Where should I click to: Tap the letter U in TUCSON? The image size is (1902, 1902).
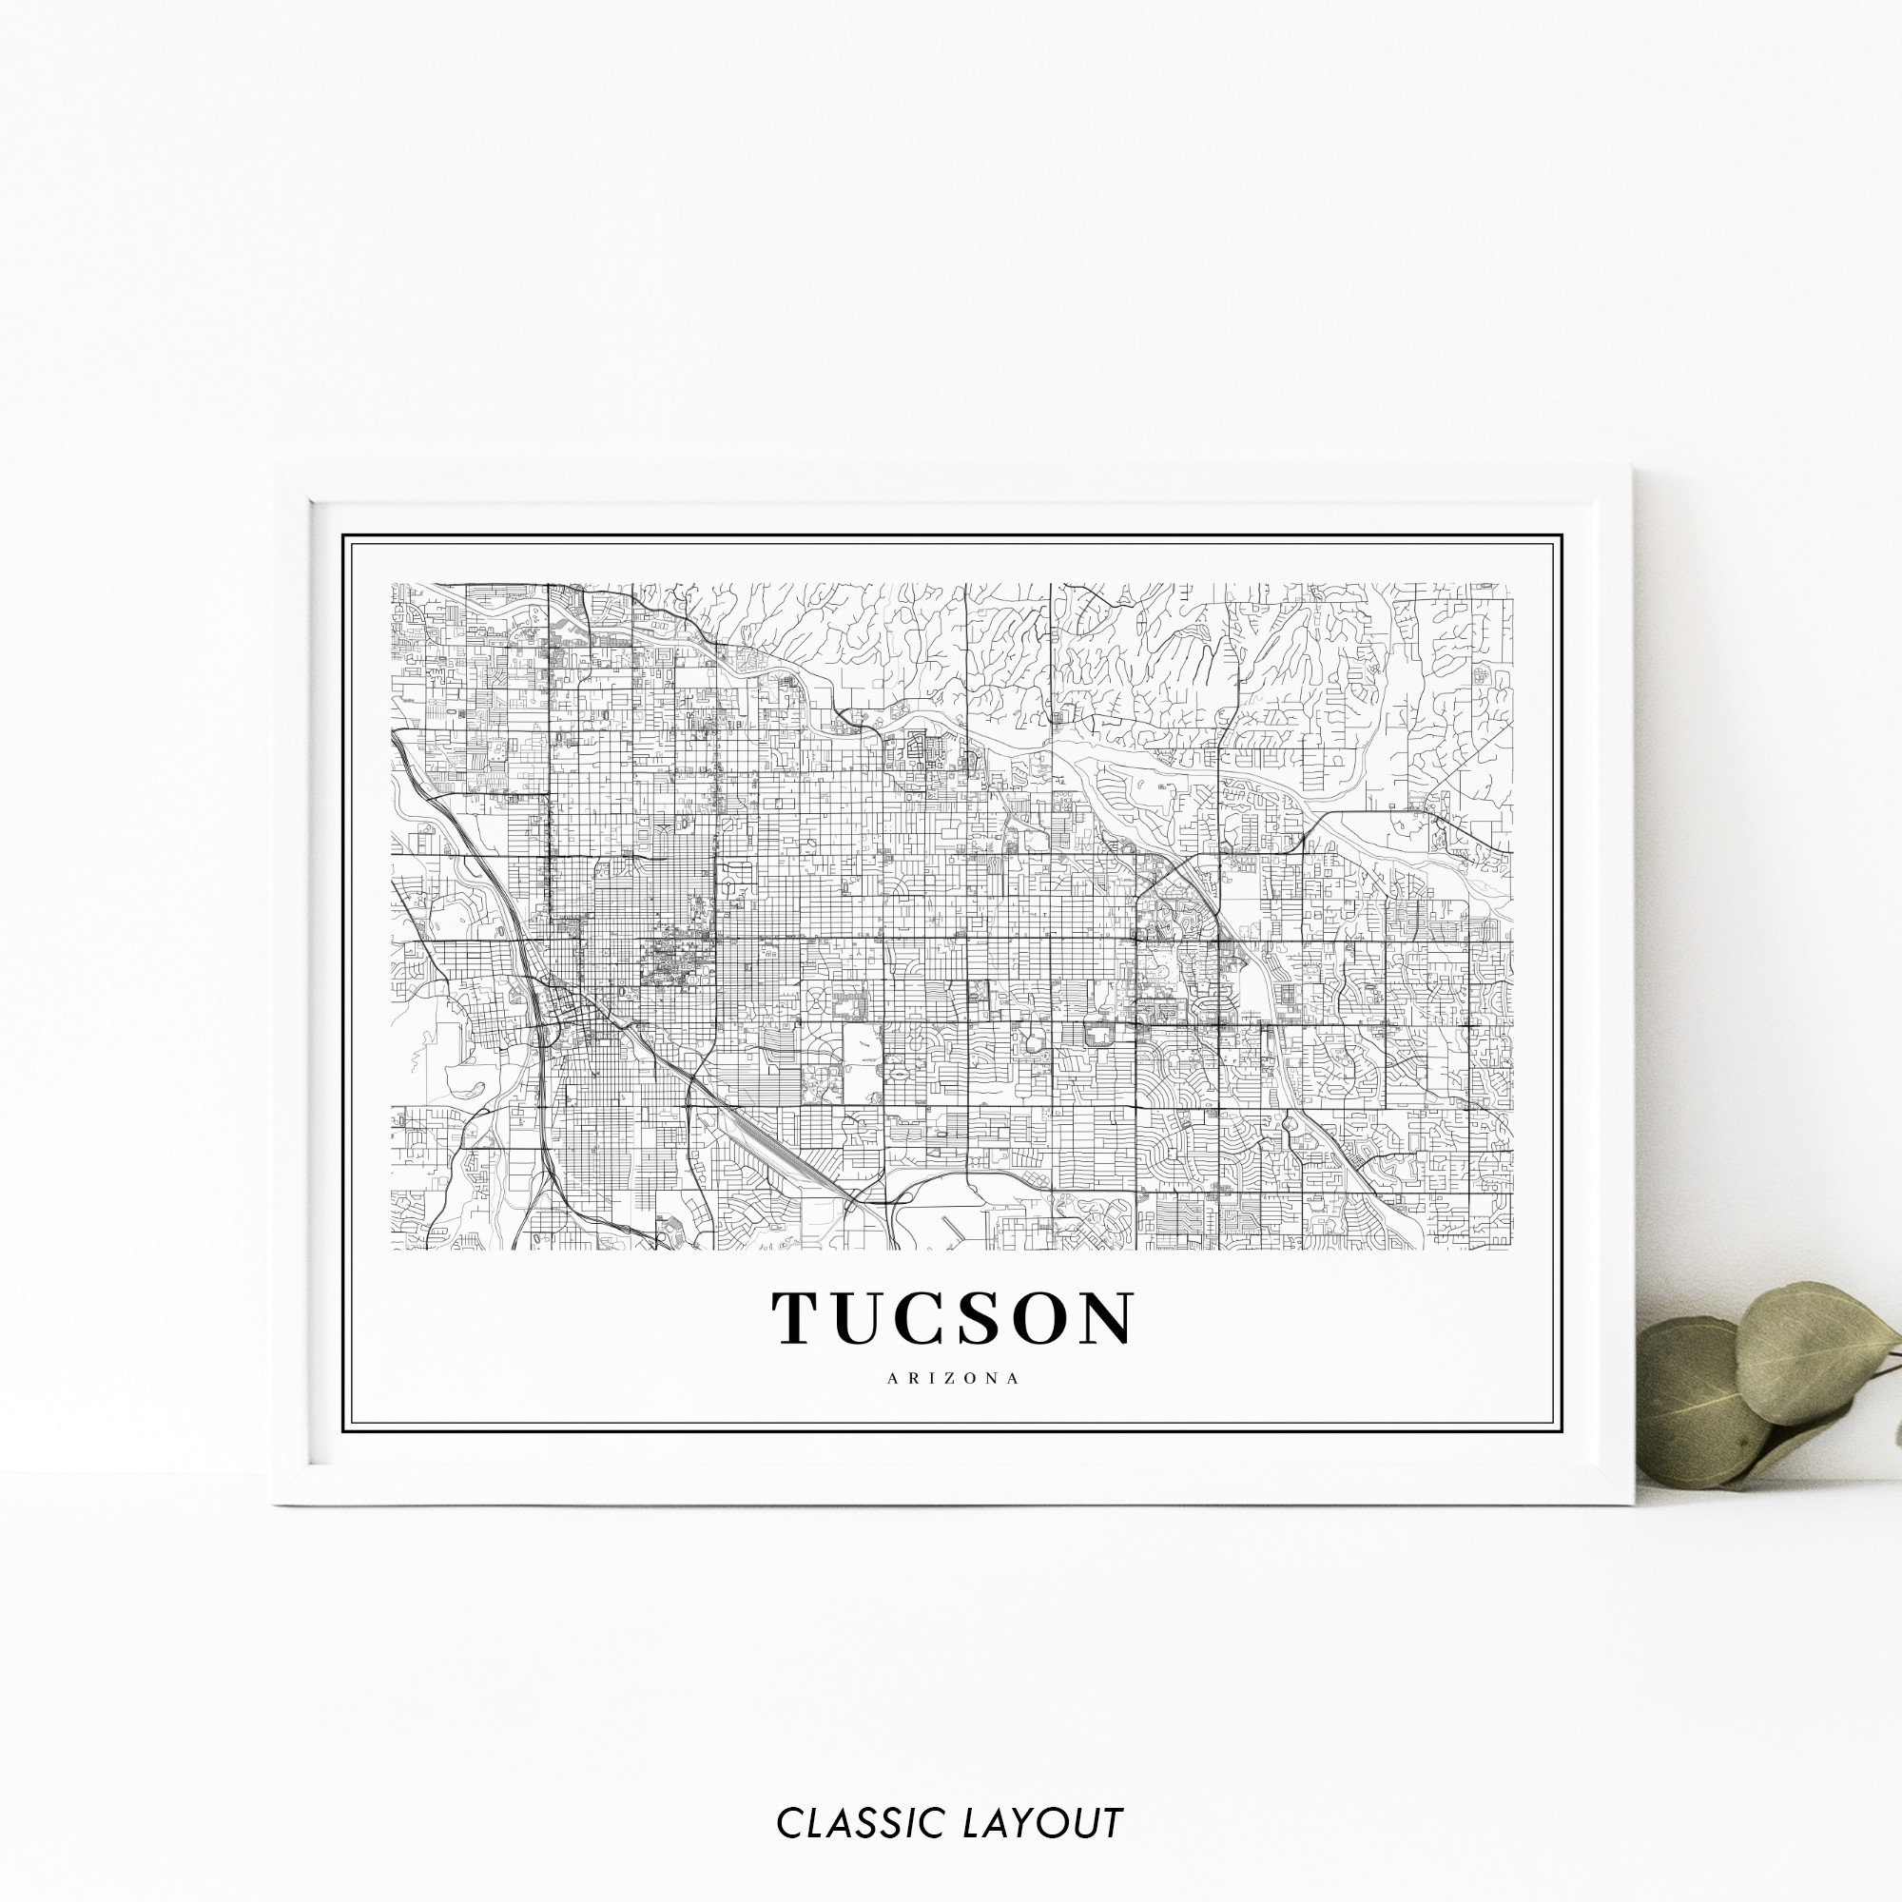pos(866,1318)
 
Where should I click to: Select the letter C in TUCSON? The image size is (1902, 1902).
pos(932,1318)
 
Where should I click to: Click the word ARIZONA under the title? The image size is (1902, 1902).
pos(952,1379)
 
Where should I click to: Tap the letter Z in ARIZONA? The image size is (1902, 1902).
pos(953,1379)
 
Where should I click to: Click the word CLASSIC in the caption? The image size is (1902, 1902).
pos(862,1795)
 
